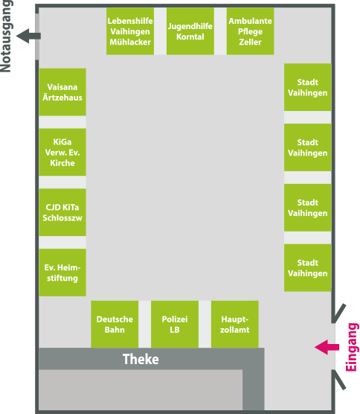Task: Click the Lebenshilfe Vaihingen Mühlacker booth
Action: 130,31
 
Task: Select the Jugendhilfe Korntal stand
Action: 190,31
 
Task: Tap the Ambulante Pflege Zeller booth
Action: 250,31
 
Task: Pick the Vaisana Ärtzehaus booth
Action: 62,92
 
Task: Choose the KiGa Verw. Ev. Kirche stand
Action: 62,152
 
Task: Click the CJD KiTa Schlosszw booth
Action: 62,212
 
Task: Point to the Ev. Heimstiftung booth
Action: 62,273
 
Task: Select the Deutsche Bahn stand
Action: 115,324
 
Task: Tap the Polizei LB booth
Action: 175,324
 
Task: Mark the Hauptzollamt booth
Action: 235,324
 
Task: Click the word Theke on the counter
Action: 141,359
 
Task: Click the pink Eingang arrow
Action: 327,347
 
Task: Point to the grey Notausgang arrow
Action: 28,36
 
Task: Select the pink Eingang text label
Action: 352,347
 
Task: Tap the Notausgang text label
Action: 6,36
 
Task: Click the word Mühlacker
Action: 130,42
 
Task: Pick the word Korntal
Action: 190,36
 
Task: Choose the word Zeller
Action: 250,42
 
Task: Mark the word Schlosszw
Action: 62,218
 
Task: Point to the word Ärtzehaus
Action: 62,97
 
